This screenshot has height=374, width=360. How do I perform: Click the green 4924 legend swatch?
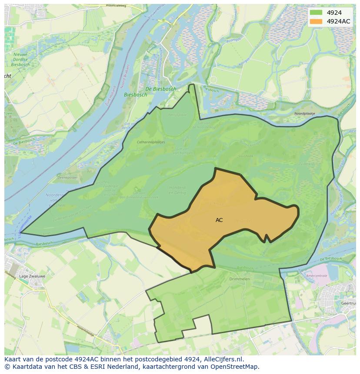(317, 13)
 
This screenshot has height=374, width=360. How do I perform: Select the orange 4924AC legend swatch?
(317, 21)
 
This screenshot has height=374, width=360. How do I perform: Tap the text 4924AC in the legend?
(338, 21)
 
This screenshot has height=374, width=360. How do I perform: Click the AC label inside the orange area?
(219, 220)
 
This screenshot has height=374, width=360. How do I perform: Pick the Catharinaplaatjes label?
(151, 142)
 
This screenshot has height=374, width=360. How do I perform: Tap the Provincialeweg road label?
(116, 6)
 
